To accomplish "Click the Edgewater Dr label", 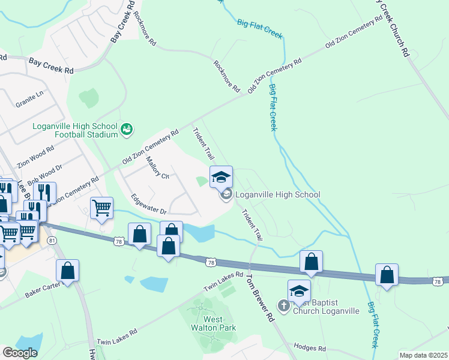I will (148, 203).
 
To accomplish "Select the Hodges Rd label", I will (309, 348).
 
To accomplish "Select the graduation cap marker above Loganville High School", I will (221, 176).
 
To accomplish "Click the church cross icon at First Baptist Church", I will (283, 306).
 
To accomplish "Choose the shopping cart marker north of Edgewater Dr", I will (101, 208).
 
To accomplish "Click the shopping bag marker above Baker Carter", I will (68, 271).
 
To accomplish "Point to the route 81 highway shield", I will (53, 241).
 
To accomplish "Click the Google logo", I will (20, 353).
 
